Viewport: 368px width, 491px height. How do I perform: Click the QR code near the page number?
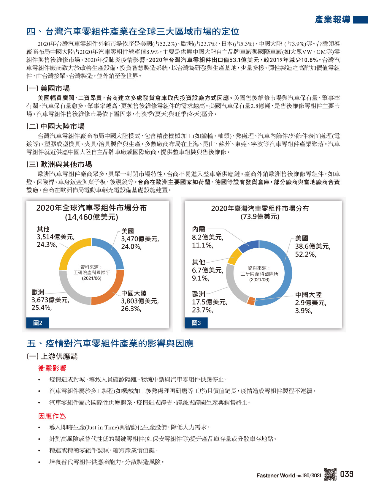point(330,474)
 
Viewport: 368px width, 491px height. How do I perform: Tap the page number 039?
point(347,474)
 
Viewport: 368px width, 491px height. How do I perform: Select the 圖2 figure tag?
point(37,323)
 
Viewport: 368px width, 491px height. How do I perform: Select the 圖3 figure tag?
point(196,323)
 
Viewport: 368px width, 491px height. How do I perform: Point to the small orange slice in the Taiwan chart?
point(251,301)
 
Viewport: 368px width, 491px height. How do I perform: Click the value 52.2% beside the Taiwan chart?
point(305,255)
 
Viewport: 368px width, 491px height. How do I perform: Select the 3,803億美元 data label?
point(140,301)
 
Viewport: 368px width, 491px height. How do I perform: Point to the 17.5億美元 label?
point(210,302)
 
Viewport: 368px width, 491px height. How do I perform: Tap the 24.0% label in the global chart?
point(131,247)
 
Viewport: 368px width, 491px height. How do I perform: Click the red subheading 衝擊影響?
point(52,368)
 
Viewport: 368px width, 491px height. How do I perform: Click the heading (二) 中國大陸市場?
point(55,126)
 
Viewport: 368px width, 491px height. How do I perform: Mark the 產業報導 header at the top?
point(332,20)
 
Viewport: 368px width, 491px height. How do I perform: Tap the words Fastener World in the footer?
point(275,475)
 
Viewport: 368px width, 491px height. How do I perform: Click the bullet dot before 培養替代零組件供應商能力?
point(39,462)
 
